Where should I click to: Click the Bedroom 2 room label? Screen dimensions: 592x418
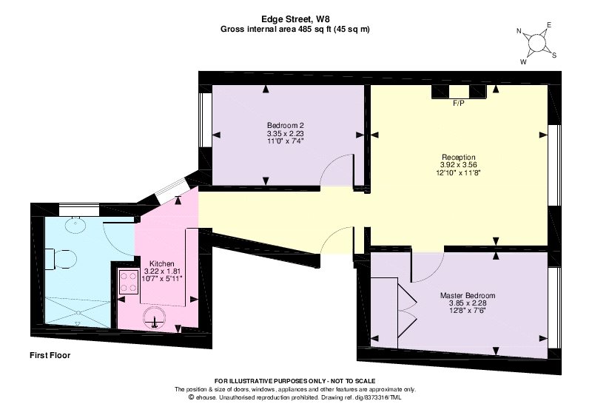[x=286, y=125]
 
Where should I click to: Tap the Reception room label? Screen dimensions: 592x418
[x=458, y=157]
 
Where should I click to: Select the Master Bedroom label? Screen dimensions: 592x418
[x=468, y=295]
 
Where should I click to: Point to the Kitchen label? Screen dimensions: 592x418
[x=162, y=263]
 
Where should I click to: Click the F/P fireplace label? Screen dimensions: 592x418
[x=459, y=103]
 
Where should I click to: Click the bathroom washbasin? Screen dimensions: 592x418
[x=75, y=226]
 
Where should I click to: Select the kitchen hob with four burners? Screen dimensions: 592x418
[x=128, y=281]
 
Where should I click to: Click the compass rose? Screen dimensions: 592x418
[x=536, y=43]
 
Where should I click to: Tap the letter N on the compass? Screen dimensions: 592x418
[x=519, y=31]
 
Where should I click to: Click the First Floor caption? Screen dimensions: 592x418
[x=50, y=355]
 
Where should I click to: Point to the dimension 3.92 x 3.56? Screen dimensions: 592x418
[x=458, y=165]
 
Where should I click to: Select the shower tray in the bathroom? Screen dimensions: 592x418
[x=78, y=312]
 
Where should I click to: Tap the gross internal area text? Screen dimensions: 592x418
[x=295, y=29]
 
